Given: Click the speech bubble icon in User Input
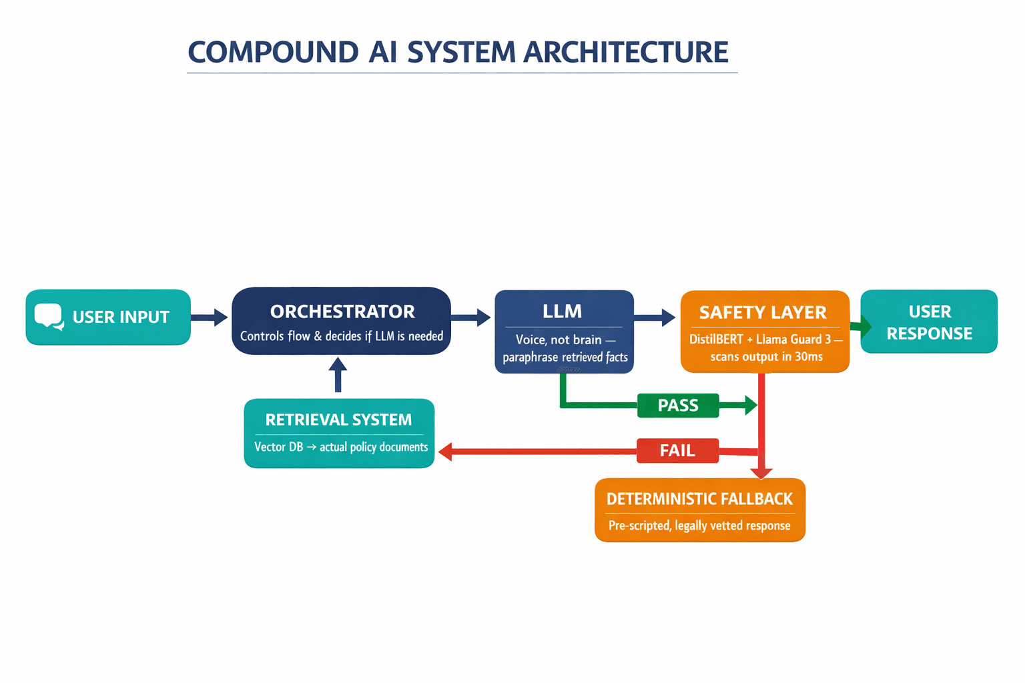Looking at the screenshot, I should click(x=49, y=317).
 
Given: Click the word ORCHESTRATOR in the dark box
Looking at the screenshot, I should click(x=342, y=311).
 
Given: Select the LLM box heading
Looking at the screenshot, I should click(x=562, y=311).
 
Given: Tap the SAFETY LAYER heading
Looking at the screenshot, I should click(x=763, y=312).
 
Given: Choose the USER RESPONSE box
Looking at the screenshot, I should click(x=929, y=322).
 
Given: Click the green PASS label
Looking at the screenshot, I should click(x=678, y=406).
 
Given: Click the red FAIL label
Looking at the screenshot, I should click(x=677, y=451).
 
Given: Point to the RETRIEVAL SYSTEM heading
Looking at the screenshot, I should click(x=338, y=420).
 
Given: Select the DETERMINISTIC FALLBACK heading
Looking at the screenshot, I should click(x=699, y=499).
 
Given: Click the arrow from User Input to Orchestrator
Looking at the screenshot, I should click(x=210, y=317).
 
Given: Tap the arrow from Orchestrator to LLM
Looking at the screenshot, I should click(x=472, y=317).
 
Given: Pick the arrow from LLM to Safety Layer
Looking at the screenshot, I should click(x=655, y=317).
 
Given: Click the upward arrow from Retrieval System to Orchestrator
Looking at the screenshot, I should click(x=338, y=375).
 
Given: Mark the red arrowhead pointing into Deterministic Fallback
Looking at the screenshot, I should click(x=761, y=473).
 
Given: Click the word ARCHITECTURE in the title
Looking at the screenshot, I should click(x=625, y=52).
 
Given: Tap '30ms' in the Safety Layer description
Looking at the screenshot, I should click(x=808, y=357).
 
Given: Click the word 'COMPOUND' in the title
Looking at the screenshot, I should click(x=273, y=52).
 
